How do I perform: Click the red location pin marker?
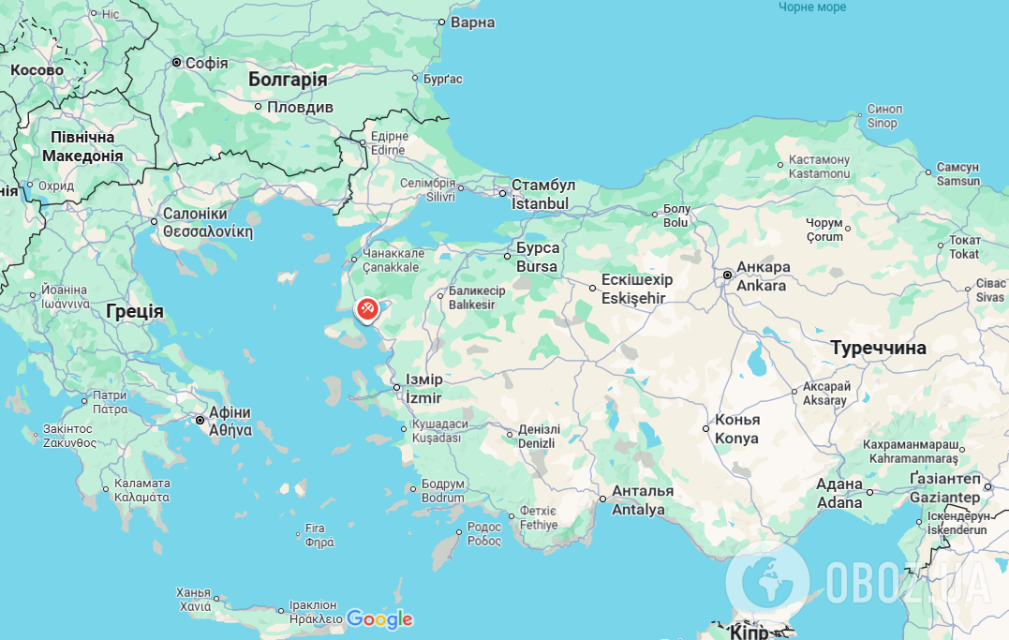(367, 308)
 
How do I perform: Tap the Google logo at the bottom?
(379, 619)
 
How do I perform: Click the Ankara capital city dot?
(728, 275)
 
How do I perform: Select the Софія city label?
(206, 63)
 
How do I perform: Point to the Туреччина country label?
(878, 348)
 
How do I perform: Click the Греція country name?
(135, 311)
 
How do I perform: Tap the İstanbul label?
(540, 203)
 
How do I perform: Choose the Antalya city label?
(638, 510)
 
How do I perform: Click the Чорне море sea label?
(812, 7)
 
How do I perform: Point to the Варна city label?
(472, 22)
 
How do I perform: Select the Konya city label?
(736, 438)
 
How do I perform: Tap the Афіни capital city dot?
(200, 421)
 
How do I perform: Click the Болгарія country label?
(288, 80)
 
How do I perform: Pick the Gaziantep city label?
(943, 497)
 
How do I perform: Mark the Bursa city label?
(538, 266)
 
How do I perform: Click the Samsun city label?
(957, 181)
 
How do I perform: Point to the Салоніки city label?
(195, 214)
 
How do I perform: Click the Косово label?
(37, 69)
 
